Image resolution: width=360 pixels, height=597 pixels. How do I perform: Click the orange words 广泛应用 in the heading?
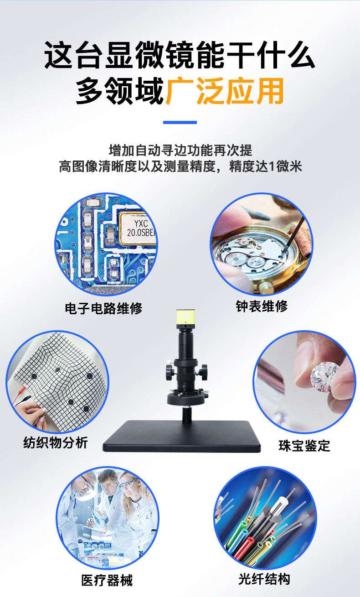coord(225,91)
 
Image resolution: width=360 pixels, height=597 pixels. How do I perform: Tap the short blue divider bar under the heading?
coord(180,122)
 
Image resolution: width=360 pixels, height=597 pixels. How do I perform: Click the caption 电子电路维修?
coord(103,308)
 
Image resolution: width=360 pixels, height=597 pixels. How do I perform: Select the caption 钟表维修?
coord(262,306)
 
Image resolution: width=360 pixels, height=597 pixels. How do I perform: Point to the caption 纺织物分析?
coord(56,443)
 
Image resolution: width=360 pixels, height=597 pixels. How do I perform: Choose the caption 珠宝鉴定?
coord(304,446)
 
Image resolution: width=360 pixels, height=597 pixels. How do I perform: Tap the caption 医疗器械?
coord(107,580)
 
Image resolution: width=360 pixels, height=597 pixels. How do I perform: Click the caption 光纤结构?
coord(264,579)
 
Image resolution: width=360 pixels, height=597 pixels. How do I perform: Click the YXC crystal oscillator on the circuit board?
coord(138,228)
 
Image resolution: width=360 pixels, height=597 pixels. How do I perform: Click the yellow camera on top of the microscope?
coord(185,319)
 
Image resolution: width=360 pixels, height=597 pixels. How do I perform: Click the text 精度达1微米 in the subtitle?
coord(266,166)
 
